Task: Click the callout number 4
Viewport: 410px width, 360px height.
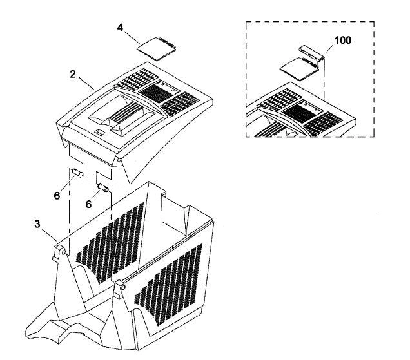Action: pos(120,28)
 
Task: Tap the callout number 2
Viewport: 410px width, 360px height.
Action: pos(73,74)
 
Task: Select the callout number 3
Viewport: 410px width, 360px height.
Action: pos(37,224)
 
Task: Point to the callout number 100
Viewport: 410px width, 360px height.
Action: pos(343,41)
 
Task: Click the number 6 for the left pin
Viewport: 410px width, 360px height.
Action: pos(57,195)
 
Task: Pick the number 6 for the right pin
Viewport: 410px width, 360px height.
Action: pos(89,204)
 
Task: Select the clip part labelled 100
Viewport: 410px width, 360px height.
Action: pos(311,53)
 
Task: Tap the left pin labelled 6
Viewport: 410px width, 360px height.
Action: pos(77,173)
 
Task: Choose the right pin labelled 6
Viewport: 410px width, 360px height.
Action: pos(102,187)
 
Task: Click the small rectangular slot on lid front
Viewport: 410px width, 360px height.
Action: pos(100,133)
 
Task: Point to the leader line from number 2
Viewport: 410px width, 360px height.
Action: pos(86,83)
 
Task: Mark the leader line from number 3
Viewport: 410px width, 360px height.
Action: pos(49,234)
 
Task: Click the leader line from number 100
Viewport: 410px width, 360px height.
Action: pos(329,50)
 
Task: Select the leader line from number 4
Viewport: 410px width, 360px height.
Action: pos(132,37)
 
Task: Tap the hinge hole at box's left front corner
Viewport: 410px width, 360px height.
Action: pos(64,252)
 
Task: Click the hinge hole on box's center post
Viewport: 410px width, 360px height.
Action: pos(123,288)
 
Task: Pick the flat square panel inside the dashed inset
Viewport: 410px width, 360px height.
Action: pos(299,68)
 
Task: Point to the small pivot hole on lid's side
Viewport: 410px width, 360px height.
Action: pos(119,159)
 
